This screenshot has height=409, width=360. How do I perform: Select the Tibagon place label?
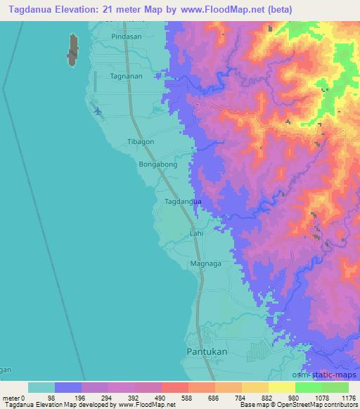(139, 141)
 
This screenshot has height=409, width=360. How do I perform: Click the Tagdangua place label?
(183, 202)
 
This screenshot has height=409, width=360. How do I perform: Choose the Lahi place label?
(196, 233)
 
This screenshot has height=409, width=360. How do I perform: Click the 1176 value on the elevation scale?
(347, 397)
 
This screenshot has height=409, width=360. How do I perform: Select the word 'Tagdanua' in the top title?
(26, 9)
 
